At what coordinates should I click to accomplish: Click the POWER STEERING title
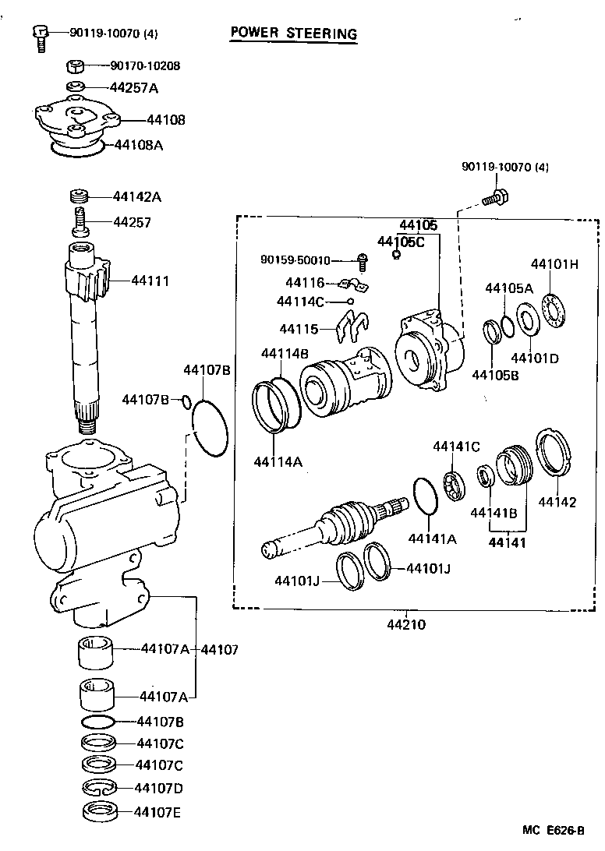[293, 33]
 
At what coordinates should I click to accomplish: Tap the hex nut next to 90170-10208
[76, 65]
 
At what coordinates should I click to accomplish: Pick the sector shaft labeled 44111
[86, 335]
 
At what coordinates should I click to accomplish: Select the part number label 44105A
[508, 288]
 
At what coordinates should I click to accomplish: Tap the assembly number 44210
[407, 624]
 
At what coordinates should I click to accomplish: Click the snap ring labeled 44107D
[100, 789]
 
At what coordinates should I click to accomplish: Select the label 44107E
[158, 812]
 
